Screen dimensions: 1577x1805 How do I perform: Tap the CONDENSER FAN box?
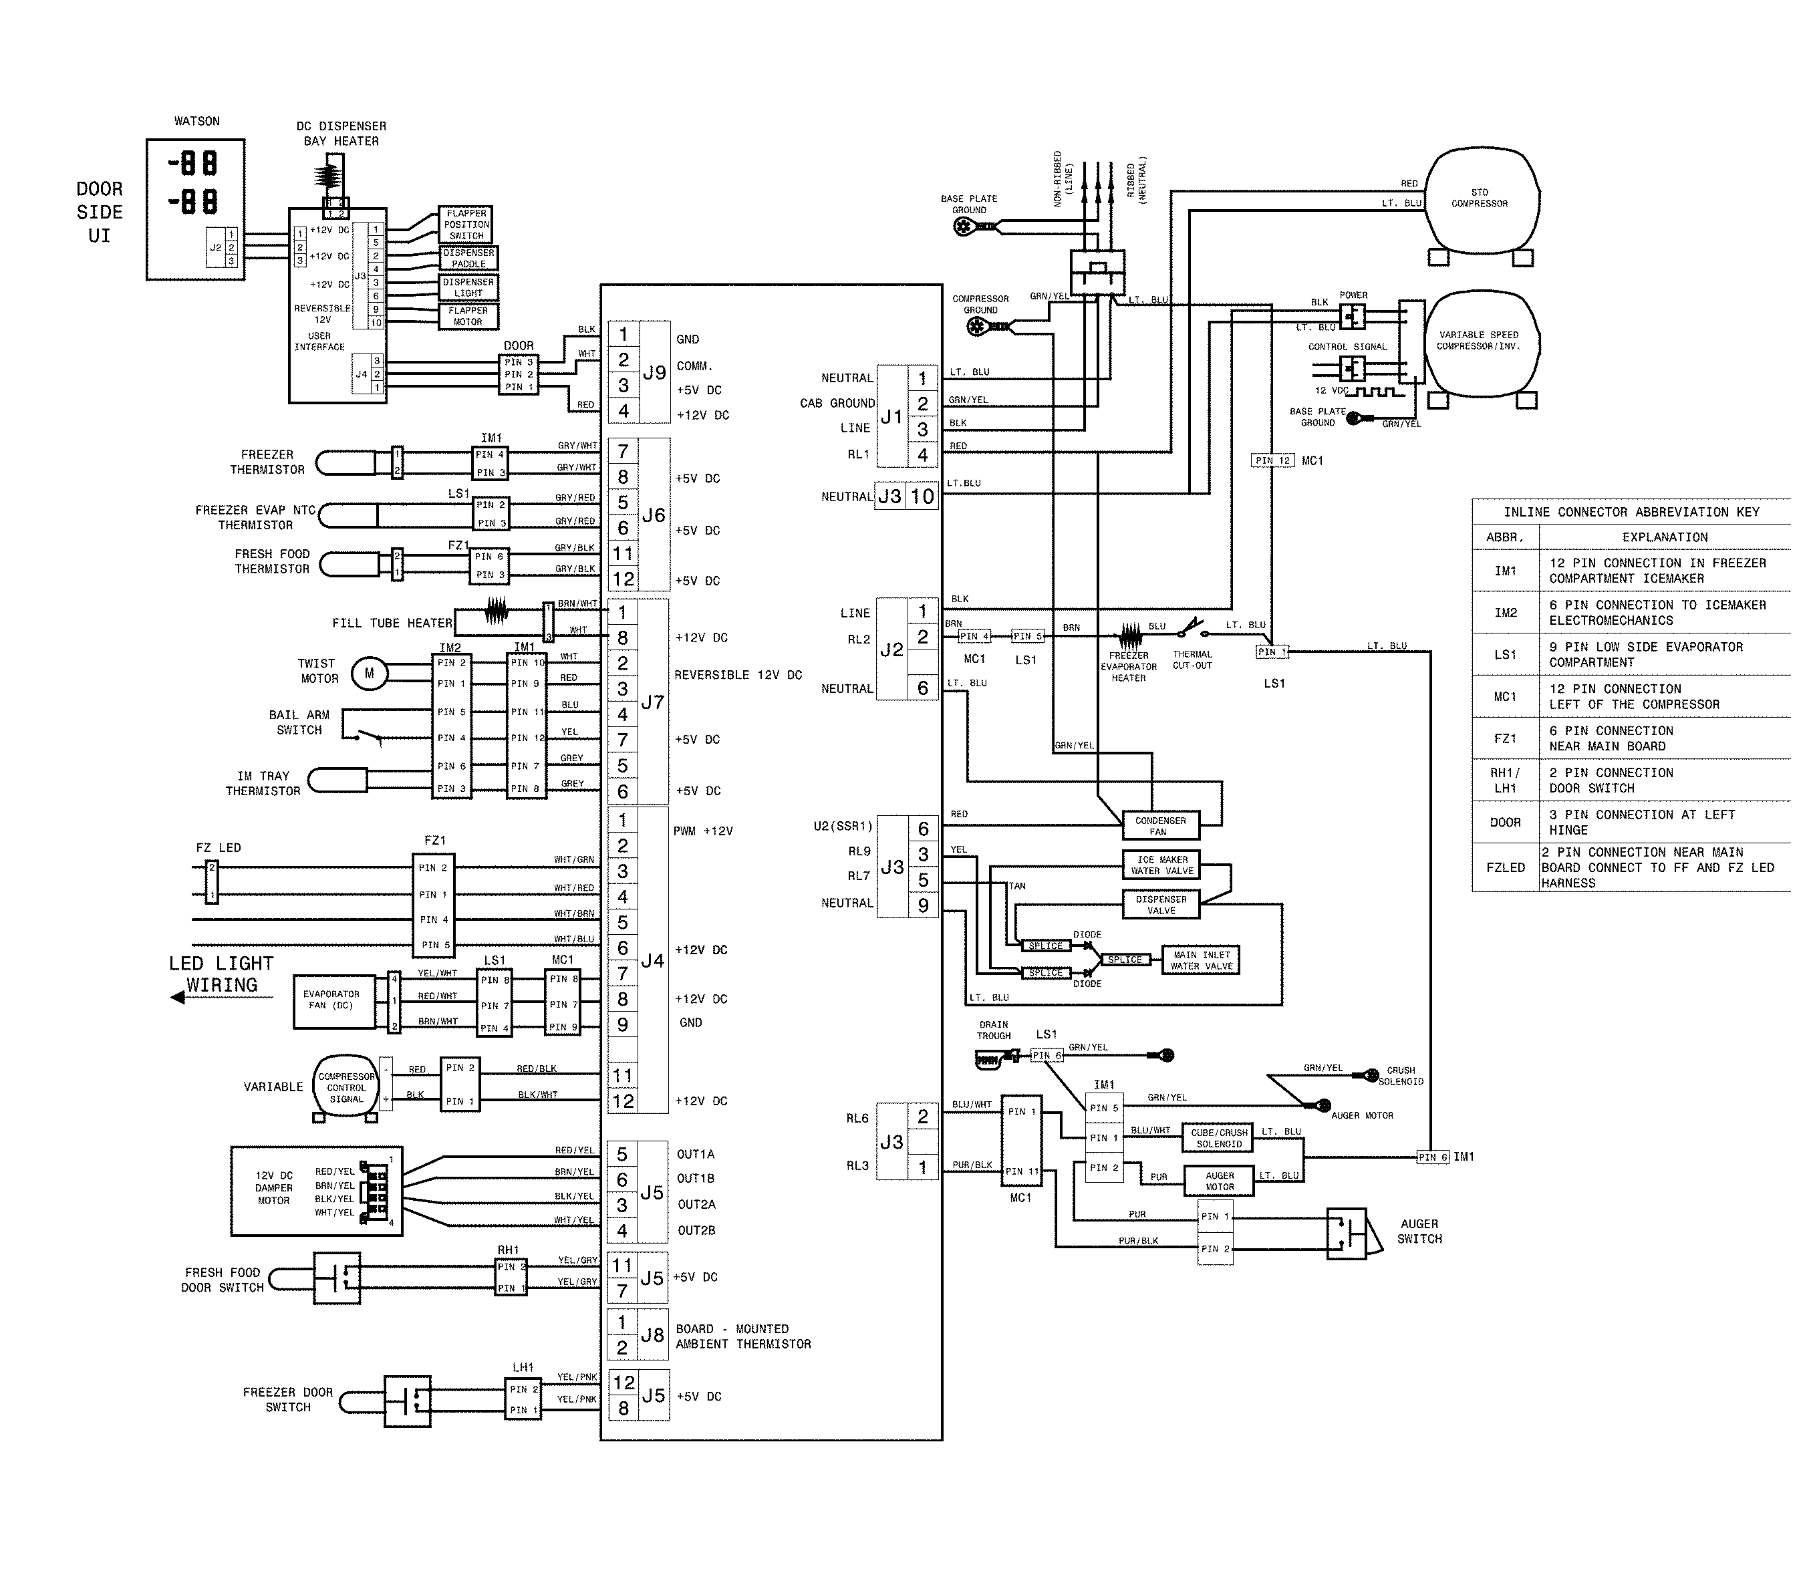click(x=1160, y=825)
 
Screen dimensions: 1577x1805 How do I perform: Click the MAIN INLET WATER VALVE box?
click(x=1202, y=960)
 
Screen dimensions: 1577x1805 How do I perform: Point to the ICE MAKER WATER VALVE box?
click(x=1161, y=865)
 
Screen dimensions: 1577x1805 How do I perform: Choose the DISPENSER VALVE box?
click(x=1161, y=905)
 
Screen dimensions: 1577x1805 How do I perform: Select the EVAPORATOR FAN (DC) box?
click(x=331, y=1000)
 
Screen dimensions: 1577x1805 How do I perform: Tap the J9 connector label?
click(x=654, y=372)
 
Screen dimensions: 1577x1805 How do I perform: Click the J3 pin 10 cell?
click(x=922, y=496)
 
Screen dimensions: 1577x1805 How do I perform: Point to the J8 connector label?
click(x=652, y=1335)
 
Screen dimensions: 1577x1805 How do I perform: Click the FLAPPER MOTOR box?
click(x=468, y=316)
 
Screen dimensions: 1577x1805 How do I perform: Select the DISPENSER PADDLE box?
click(x=469, y=258)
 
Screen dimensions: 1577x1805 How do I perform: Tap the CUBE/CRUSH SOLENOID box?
click(x=1219, y=1138)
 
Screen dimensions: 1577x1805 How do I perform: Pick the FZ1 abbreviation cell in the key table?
click(x=1505, y=738)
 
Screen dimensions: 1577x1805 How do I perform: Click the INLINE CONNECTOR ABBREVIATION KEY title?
click(x=1631, y=512)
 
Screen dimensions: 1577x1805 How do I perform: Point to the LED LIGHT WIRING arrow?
click(x=220, y=998)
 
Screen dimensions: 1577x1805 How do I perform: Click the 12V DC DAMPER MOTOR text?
click(x=274, y=1188)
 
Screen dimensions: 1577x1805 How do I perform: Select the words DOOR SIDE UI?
click(x=100, y=212)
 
